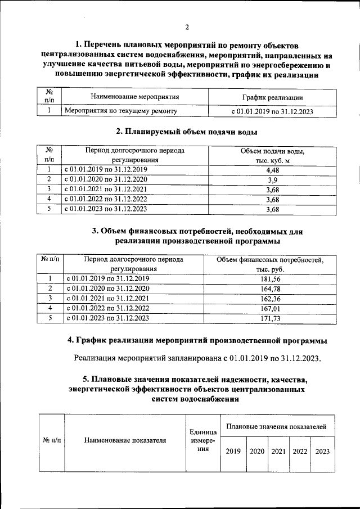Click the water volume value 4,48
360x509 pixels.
(272, 169)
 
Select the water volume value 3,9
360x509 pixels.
(272, 179)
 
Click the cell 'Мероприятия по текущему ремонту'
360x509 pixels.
(121, 111)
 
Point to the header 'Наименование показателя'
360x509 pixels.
(125, 440)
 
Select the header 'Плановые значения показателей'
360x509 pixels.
(276, 427)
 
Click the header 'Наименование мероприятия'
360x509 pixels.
(134, 97)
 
